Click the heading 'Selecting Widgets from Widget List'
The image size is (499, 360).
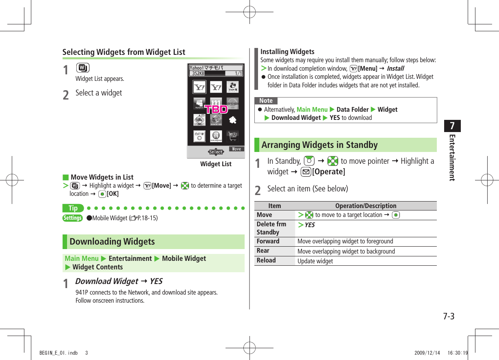124,52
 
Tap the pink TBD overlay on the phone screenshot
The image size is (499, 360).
215,109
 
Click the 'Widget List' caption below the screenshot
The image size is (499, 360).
215,164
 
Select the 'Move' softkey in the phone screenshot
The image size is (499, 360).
236,149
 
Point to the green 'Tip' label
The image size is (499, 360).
73,208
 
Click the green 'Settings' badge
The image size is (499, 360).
72,218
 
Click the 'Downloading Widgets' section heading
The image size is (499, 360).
112,241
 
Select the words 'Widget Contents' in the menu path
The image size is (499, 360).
98,267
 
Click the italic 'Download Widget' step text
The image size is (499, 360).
106,281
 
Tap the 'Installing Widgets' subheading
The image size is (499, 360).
287,52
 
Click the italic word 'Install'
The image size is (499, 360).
395,69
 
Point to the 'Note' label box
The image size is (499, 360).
266,101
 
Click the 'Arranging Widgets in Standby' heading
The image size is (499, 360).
319,145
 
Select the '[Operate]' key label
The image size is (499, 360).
328,171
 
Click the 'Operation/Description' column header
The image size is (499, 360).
365,206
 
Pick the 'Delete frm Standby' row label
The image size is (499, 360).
271,228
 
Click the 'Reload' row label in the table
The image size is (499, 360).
266,260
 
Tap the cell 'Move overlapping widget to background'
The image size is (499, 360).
346,251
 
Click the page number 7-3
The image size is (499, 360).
449,316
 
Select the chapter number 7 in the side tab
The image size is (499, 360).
452,126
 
